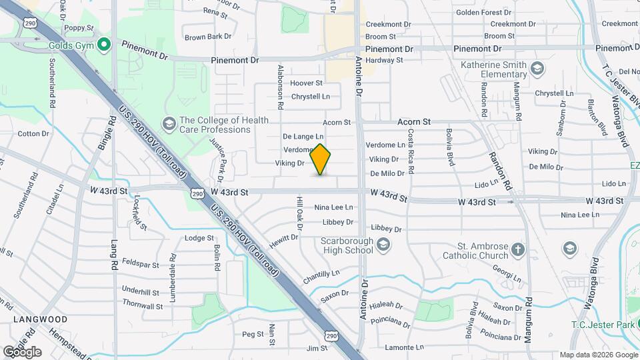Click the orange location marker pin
[321, 159]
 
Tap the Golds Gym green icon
[103, 45]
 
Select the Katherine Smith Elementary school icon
[537, 67]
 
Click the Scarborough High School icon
[383, 245]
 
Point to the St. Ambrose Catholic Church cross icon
[518, 250]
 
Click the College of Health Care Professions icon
[168, 124]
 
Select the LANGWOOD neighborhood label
[39, 319]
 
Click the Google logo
[22, 352]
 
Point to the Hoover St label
[306, 83]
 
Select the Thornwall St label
[143, 307]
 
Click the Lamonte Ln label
[405, 348]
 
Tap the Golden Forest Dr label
[483, 13]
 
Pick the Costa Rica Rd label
[411, 152]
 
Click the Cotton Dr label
[33, 134]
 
